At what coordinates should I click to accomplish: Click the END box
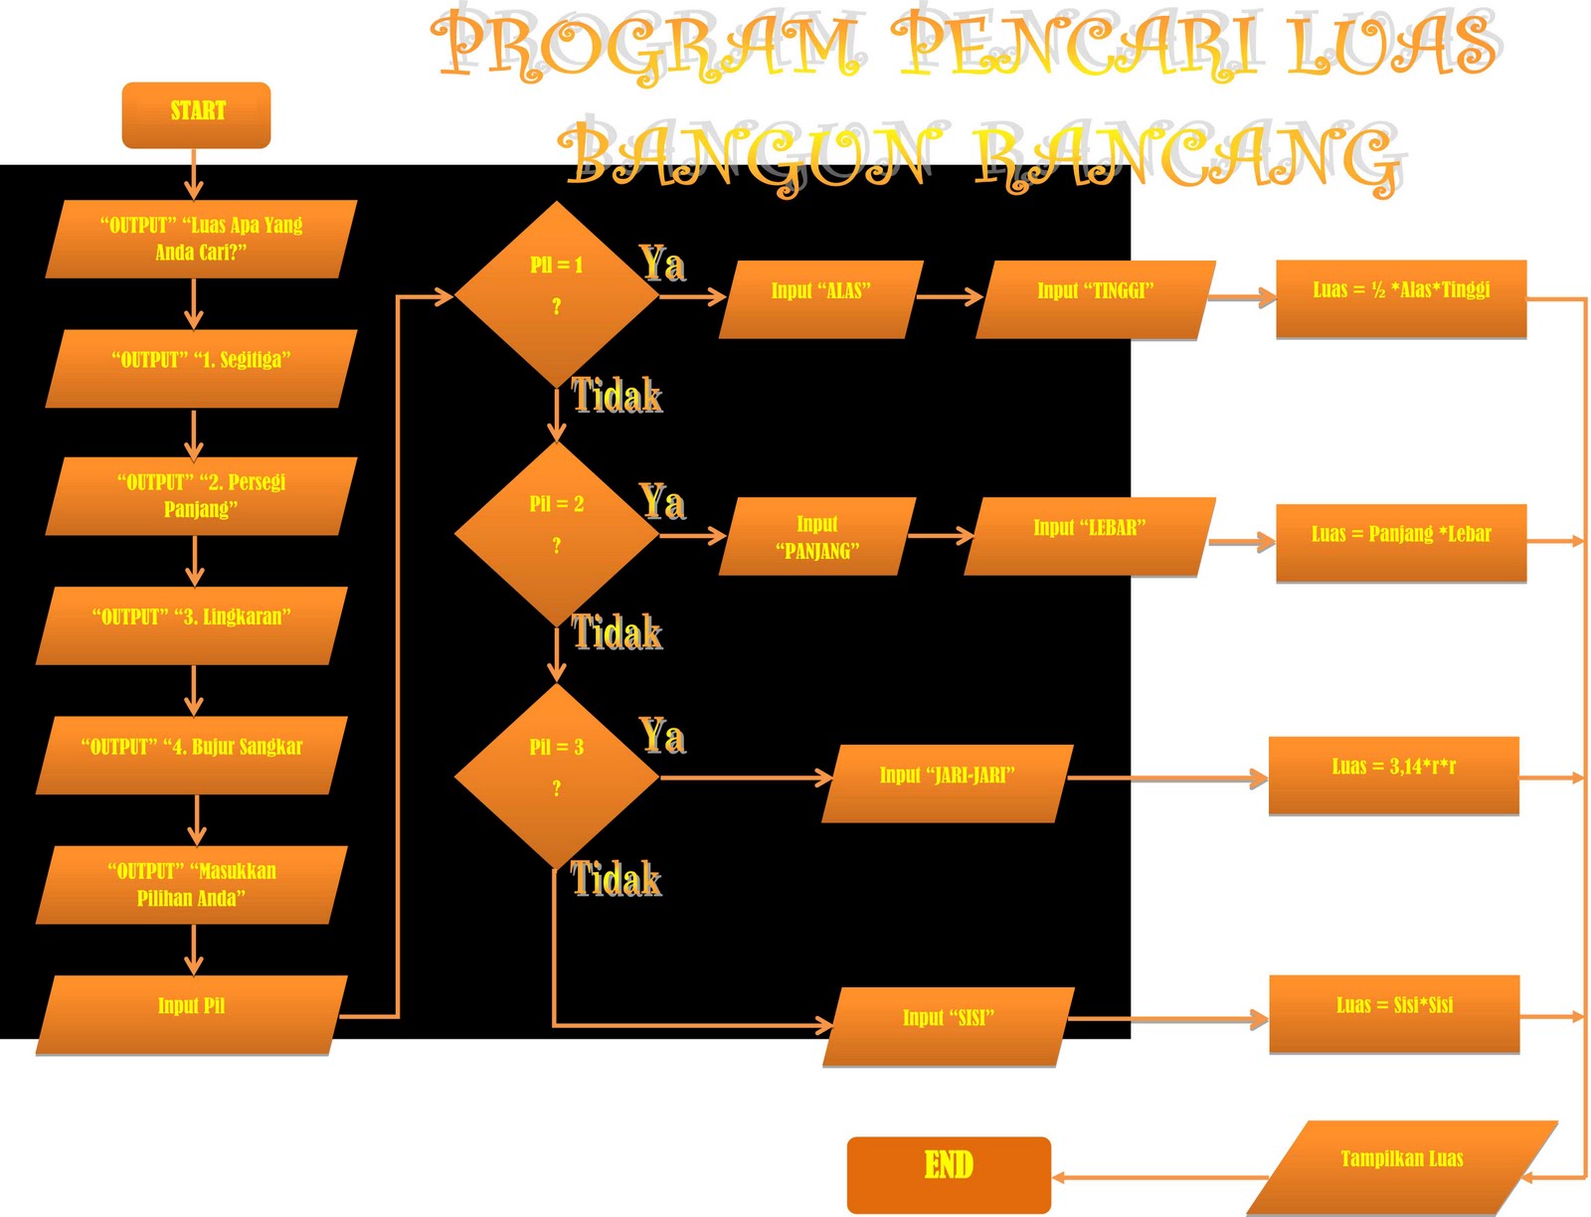pyautogui.click(x=949, y=1173)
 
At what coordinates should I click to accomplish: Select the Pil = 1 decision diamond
pyautogui.click(x=556, y=294)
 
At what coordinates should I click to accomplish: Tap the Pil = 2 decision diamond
pyautogui.click(x=556, y=533)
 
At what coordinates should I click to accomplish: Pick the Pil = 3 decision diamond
pyautogui.click(x=556, y=776)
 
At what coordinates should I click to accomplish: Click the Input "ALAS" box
pyautogui.click(x=821, y=299)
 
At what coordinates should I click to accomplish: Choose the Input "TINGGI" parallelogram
pyautogui.click(x=1095, y=299)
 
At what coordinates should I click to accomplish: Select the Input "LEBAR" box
pyautogui.click(x=1089, y=536)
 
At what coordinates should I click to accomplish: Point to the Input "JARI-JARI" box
pyautogui.click(x=947, y=782)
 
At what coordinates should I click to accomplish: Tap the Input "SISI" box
pyautogui.click(x=949, y=1026)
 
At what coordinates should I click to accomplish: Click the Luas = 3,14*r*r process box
pyautogui.click(x=1393, y=776)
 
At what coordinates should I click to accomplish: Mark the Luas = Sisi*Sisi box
pyautogui.click(x=1394, y=1013)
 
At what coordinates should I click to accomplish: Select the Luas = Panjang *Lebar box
pyautogui.click(x=1400, y=542)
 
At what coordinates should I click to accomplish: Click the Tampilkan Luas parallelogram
pyautogui.click(x=1401, y=1166)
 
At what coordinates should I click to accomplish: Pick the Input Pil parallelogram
pyautogui.click(x=191, y=1014)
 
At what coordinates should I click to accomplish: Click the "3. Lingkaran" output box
pyautogui.click(x=191, y=624)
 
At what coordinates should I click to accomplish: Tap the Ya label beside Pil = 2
pyautogui.click(x=662, y=502)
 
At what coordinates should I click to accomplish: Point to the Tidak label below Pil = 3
pyautogui.click(x=616, y=880)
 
